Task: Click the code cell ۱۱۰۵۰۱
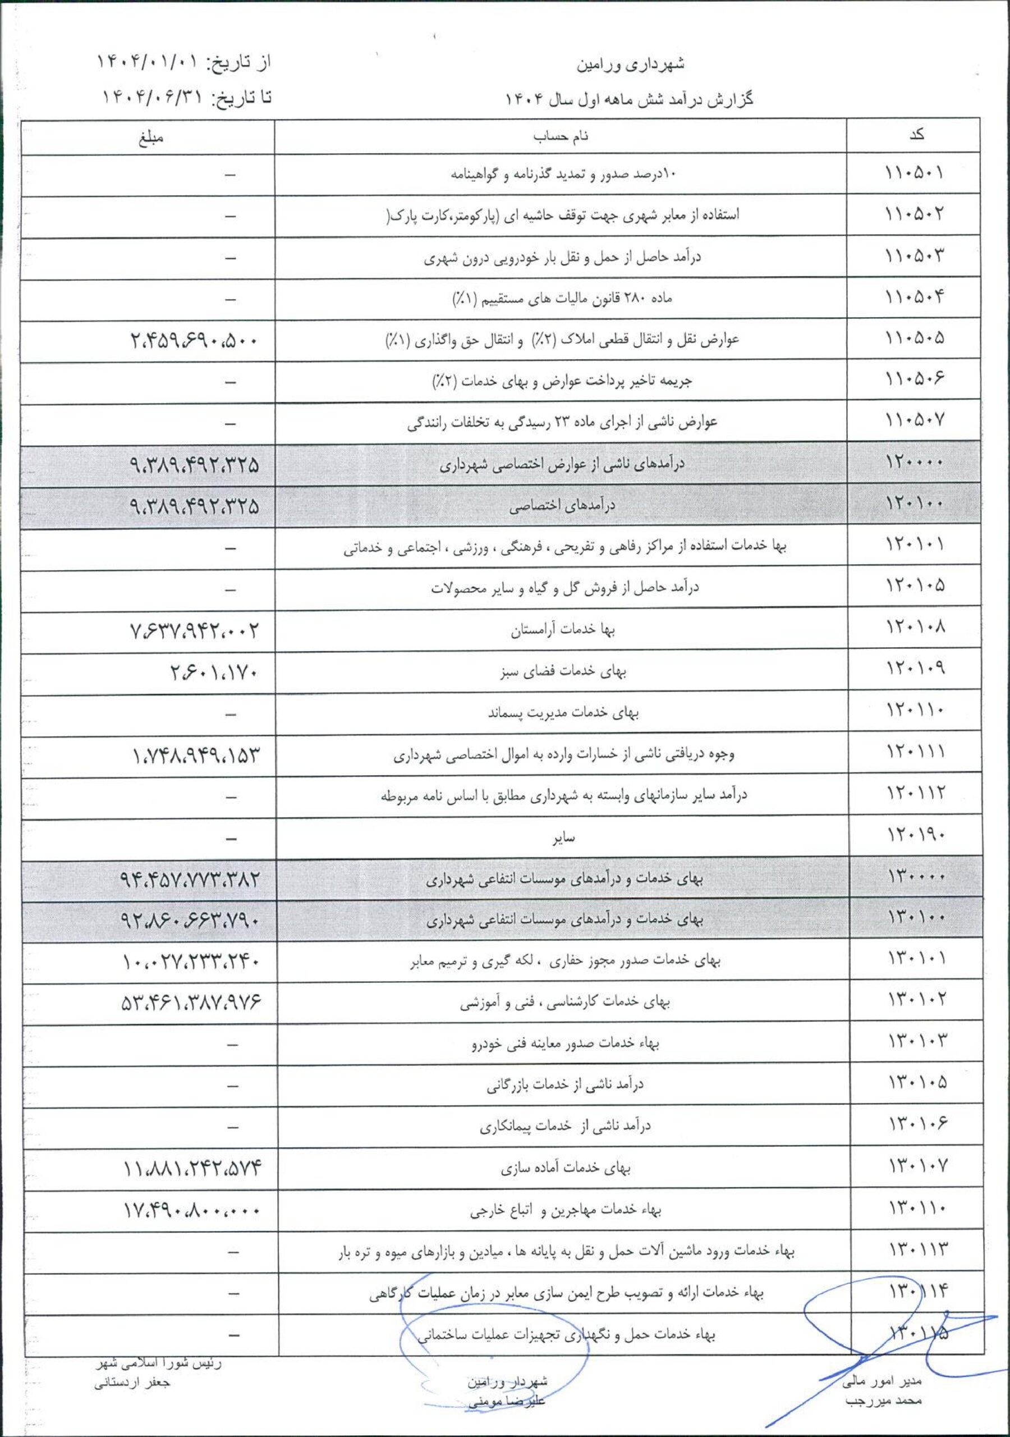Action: [x=914, y=173]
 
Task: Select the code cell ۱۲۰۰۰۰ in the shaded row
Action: [x=914, y=463]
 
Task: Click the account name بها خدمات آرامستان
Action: [x=563, y=630]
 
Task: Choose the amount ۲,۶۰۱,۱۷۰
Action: [x=213, y=672]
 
